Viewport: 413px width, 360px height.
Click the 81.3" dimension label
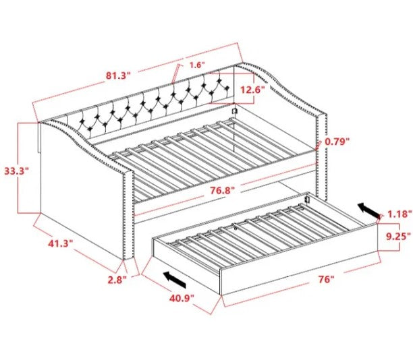pos(118,76)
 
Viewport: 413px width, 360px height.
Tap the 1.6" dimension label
pos(198,65)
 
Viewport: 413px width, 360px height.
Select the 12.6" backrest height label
pos(252,90)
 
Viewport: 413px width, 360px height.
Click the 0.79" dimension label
pos(337,142)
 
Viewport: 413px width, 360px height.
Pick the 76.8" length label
pos(222,190)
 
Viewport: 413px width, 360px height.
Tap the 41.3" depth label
pos(60,243)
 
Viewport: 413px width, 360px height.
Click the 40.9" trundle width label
pos(182,298)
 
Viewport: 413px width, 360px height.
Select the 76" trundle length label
pos(326,279)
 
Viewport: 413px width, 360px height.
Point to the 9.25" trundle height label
pos(398,236)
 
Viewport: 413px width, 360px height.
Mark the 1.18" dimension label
pos(400,214)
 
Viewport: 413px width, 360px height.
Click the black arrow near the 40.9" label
pos(175,280)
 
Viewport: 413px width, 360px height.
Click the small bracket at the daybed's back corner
pos(235,111)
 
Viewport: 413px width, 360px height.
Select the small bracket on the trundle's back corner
pos(307,198)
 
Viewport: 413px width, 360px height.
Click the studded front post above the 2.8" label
pos(129,214)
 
